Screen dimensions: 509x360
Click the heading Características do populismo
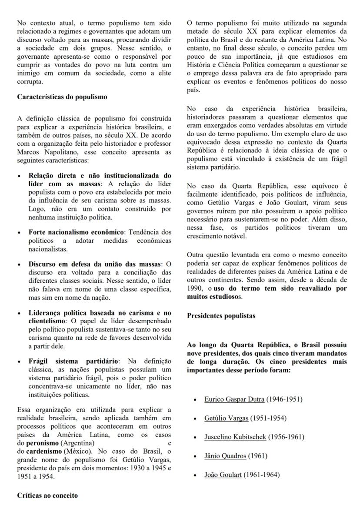pyautogui.click(x=62, y=97)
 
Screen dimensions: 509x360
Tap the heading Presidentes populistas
pyautogui.click(x=221, y=316)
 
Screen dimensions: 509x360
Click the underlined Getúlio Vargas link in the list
pyautogui.click(x=226, y=418)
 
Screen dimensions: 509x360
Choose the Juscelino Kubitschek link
pyautogui.click(x=235, y=437)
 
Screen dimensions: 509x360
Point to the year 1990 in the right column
pyautogui.click(x=196, y=288)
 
